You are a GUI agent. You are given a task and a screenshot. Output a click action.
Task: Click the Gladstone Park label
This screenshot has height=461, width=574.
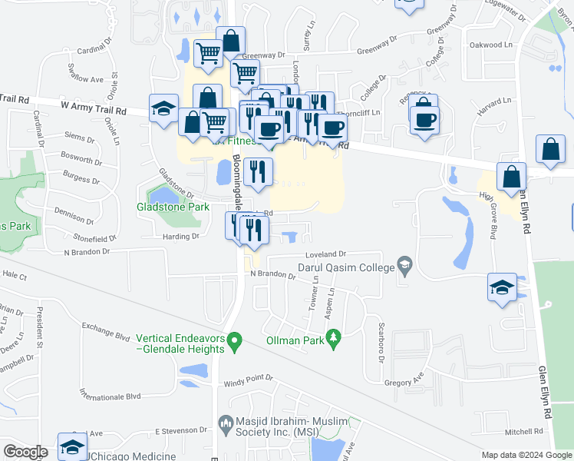[173, 207]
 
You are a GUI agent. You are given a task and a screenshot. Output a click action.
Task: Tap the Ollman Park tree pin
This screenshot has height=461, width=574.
[333, 337]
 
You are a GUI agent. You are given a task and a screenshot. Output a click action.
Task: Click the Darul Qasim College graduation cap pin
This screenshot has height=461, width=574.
[404, 267]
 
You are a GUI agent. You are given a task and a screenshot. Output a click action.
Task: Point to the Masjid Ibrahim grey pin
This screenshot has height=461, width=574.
[226, 422]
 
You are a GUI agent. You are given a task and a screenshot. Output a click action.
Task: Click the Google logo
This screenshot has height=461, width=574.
[25, 452]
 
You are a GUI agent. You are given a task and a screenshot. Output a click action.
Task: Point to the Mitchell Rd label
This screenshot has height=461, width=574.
[524, 431]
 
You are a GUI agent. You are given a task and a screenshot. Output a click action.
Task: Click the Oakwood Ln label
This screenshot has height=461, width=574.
[490, 45]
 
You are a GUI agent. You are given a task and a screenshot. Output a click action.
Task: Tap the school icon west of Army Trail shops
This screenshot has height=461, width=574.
[164, 108]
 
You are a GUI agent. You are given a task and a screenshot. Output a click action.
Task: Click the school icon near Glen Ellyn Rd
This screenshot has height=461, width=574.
[502, 288]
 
